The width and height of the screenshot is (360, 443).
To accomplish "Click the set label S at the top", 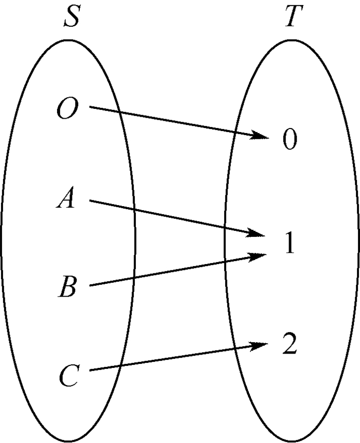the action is click(71, 18).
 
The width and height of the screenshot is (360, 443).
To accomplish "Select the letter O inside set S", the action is click(67, 110).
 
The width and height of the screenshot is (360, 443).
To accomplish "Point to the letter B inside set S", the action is click(67, 287).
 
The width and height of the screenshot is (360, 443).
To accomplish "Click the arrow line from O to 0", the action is click(175, 122).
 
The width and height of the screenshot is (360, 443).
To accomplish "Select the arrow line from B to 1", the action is click(175, 270).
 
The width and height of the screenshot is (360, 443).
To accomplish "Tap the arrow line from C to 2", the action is click(175, 358).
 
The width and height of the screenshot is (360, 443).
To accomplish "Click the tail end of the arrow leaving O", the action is click(91, 107).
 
